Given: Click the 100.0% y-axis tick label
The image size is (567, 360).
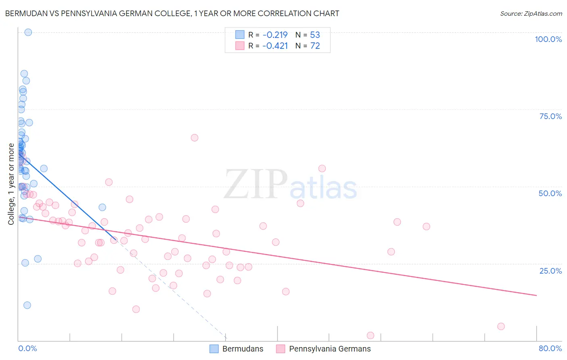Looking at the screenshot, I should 548,39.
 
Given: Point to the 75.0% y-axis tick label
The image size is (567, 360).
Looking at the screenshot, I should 550,116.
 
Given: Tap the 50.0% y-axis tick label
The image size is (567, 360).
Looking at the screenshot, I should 550,193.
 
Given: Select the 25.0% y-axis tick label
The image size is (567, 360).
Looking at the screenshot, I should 550,270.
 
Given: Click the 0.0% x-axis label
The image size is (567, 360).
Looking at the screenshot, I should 27,348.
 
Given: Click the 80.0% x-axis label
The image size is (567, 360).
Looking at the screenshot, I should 550,348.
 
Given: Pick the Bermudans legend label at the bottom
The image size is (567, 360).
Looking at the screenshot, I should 243,349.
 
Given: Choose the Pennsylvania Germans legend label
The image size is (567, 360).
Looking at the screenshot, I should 330,349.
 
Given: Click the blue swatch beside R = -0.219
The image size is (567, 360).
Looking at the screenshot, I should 240,35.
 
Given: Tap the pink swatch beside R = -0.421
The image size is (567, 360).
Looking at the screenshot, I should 240,46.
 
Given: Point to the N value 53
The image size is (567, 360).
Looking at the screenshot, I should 315,35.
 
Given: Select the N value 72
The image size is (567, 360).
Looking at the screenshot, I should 315,46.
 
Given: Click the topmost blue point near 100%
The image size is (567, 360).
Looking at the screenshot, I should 28,32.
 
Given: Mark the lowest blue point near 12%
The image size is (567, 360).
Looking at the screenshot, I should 27,305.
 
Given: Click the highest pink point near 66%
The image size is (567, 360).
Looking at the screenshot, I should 194,138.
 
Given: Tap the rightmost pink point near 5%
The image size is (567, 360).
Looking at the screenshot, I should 501,327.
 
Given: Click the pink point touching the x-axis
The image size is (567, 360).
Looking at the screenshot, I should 370,335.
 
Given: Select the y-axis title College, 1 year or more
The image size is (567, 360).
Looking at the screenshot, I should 11,184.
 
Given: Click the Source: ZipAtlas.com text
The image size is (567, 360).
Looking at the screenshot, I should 531,13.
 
